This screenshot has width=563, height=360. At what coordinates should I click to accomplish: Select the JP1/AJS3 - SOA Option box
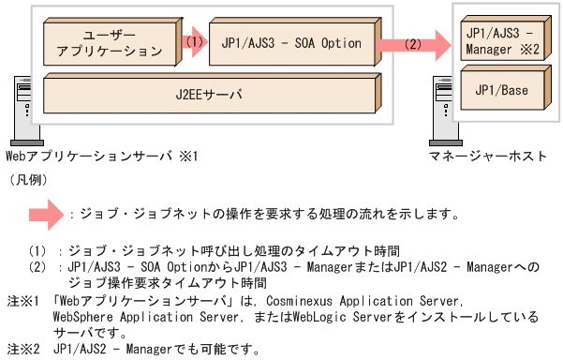(x=290, y=43)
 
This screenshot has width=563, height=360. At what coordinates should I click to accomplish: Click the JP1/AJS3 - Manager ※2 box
(x=502, y=40)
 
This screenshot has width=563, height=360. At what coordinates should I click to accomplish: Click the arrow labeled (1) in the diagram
(x=193, y=42)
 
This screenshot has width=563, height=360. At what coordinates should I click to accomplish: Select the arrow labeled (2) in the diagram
(x=410, y=43)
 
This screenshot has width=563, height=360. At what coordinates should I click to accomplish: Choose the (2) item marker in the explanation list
(x=37, y=266)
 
